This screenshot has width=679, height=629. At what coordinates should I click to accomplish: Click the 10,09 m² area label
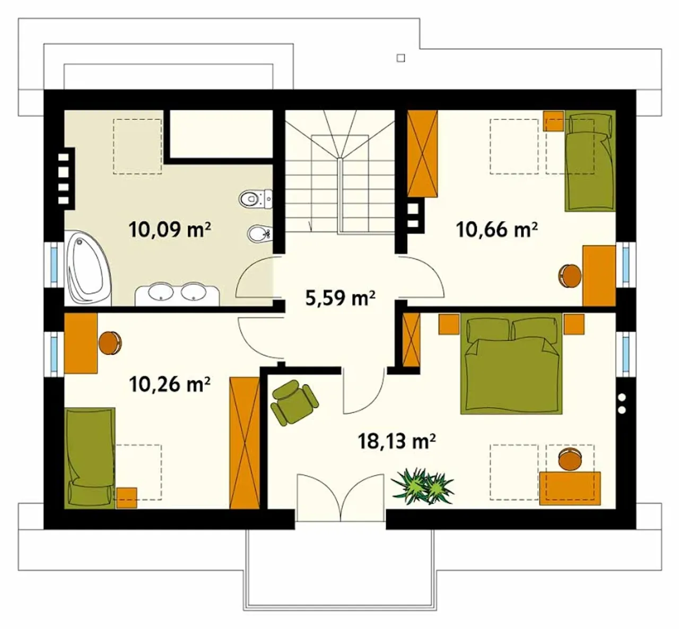click(170, 230)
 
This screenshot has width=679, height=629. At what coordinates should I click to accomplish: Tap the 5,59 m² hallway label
click(340, 298)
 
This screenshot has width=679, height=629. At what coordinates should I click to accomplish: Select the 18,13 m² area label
click(397, 441)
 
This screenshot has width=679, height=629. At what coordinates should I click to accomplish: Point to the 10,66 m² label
click(497, 230)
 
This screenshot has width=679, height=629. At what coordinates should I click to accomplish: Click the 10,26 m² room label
click(170, 384)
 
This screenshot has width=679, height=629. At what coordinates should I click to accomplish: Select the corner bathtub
click(88, 268)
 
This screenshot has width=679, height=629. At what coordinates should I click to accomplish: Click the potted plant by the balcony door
click(423, 486)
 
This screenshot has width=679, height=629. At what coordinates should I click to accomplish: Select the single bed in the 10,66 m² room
click(590, 160)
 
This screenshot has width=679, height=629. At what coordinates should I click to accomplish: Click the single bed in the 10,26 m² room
click(90, 458)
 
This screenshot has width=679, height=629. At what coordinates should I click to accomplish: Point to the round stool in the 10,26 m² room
click(110, 343)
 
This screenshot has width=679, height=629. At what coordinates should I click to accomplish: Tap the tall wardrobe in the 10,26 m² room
click(245, 443)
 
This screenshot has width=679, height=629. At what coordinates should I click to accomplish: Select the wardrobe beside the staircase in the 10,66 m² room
click(423, 153)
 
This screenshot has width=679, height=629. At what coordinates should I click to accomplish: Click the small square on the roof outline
click(401, 58)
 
